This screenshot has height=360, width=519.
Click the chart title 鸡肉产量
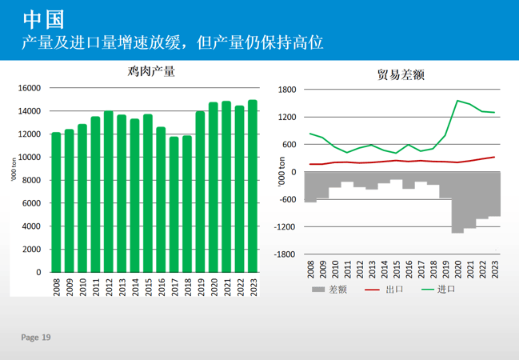(151, 72)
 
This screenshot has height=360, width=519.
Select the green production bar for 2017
(174, 204)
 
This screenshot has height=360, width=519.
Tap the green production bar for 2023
(253, 186)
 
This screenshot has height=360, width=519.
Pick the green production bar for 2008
(56, 202)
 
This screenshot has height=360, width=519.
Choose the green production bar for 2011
(95, 194)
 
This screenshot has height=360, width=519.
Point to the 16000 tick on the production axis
(29, 88)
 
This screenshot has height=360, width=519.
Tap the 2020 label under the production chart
(214, 287)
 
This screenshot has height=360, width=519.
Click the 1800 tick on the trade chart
(287, 90)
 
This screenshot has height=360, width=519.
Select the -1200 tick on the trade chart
(285, 227)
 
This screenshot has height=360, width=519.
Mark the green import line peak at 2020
(458, 101)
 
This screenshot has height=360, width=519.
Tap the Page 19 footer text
(36, 338)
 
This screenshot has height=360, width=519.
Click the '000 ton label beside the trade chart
(281, 174)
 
